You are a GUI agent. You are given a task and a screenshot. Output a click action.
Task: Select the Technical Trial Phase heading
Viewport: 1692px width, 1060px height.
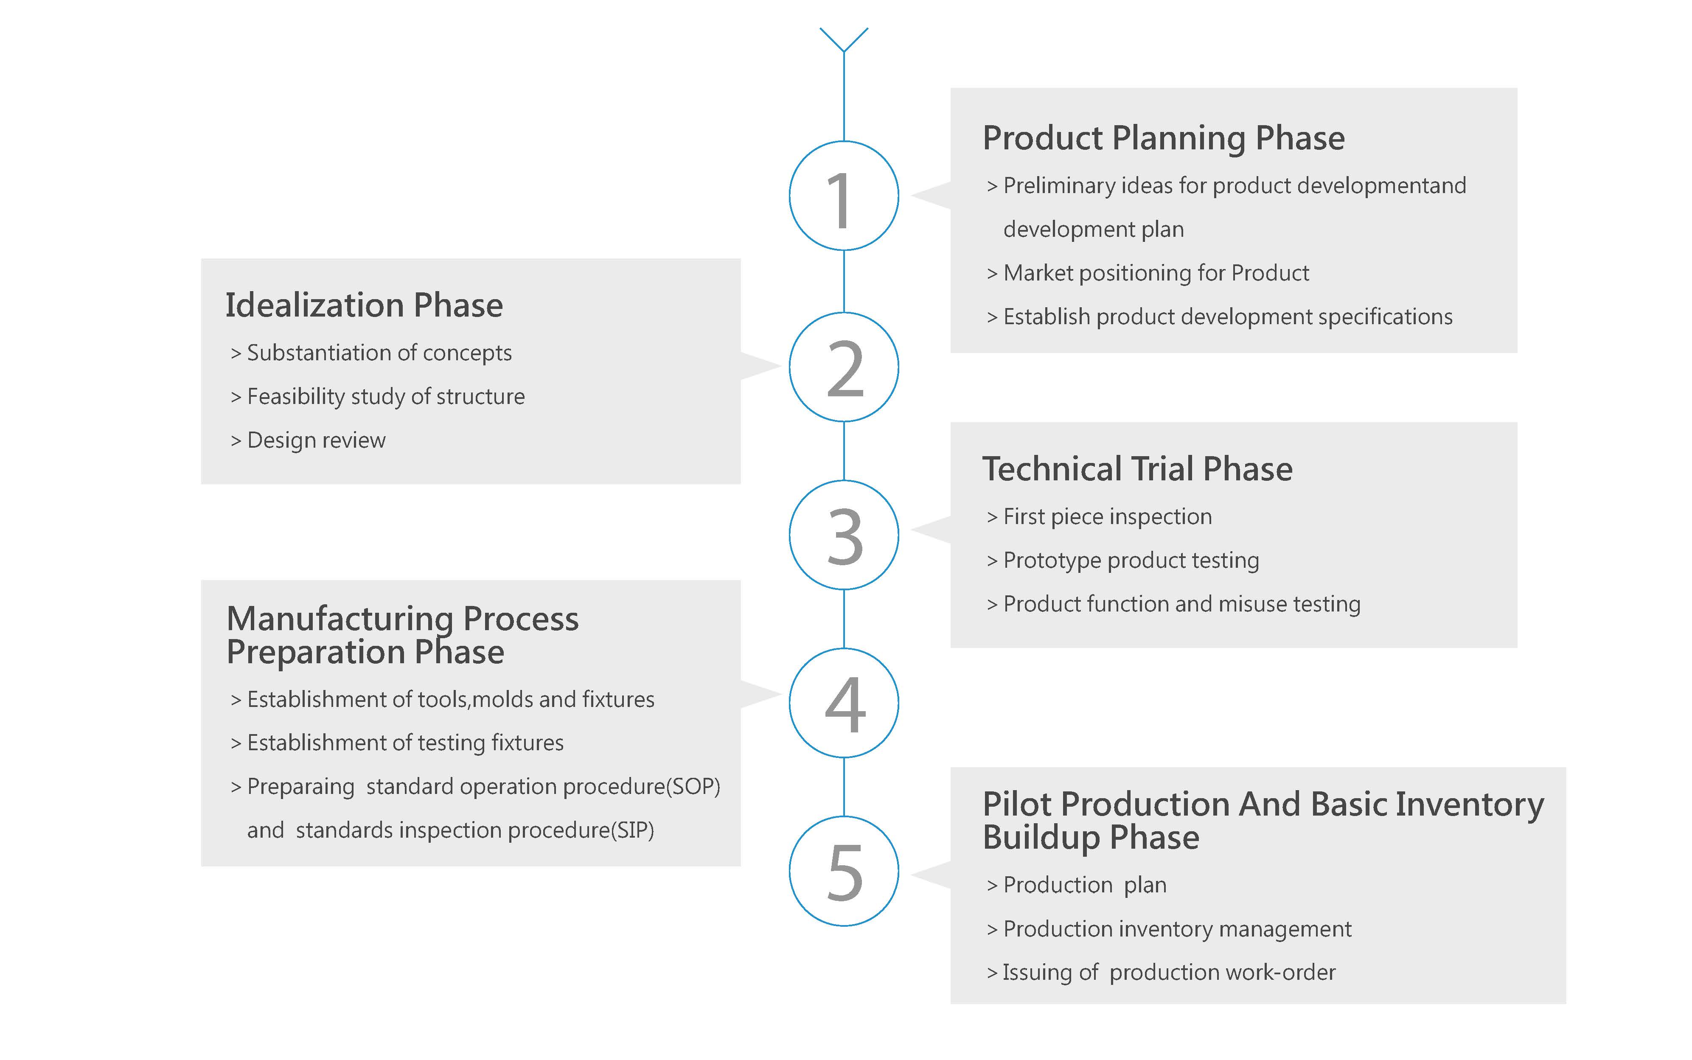pyautogui.click(x=1137, y=469)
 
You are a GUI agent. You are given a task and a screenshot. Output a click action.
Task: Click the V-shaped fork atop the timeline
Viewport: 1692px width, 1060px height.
pyautogui.click(x=844, y=39)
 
